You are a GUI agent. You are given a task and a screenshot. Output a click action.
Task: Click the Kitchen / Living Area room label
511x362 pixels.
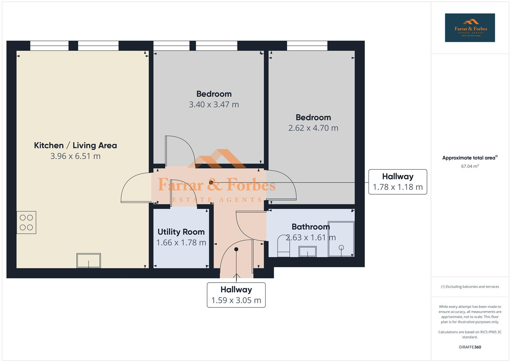click(x=75, y=145)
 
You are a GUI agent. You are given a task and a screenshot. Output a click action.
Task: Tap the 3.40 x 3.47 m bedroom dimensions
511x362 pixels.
click(x=214, y=105)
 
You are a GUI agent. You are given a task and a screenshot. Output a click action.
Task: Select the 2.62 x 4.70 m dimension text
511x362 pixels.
click(x=313, y=128)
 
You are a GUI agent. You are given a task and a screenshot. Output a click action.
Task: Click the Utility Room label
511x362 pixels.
click(x=181, y=232)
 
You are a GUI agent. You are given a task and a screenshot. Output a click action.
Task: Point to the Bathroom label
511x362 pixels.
click(x=311, y=227)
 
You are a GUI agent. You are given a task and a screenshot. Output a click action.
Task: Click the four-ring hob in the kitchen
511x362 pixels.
click(x=26, y=222)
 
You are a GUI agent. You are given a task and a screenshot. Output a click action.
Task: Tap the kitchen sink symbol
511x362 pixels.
click(x=89, y=260)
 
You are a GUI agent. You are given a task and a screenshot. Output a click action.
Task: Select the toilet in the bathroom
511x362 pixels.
click(x=283, y=247)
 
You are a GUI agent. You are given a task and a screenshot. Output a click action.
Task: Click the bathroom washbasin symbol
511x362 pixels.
click(x=307, y=251)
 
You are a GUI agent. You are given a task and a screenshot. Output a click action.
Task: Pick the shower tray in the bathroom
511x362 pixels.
click(x=341, y=239)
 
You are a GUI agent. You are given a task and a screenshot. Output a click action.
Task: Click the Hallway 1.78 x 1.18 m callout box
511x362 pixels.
click(x=398, y=182)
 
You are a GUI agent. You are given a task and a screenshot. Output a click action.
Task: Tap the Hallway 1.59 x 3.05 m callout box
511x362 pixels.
click(x=236, y=295)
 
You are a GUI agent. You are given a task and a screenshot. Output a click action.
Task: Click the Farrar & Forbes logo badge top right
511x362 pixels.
click(x=470, y=28)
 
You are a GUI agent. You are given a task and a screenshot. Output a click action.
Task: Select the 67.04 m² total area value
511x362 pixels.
click(x=470, y=166)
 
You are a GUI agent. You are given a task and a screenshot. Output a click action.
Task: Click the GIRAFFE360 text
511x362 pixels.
click(x=470, y=347)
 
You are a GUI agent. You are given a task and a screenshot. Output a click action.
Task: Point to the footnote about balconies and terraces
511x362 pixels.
click(x=470, y=287)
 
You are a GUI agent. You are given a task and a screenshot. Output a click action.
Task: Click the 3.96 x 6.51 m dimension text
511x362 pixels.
click(x=75, y=156)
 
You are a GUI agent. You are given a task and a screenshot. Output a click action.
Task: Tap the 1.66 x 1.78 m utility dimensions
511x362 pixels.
click(x=181, y=243)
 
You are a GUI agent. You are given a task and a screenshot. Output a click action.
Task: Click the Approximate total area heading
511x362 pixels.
click(x=470, y=158)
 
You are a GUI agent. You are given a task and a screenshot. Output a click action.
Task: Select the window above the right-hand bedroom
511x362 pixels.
click(x=307, y=46)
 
